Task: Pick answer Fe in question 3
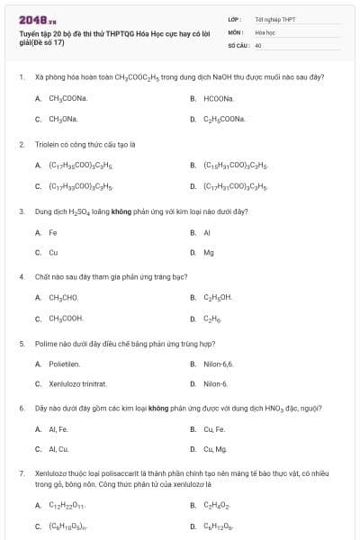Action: click(53, 232)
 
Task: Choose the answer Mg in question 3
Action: click(209, 253)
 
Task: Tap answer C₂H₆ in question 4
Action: click(212, 318)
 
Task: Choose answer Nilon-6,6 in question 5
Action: click(218, 364)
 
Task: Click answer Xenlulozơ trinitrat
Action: click(77, 384)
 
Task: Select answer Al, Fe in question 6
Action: click(58, 428)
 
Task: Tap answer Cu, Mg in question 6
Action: click(215, 449)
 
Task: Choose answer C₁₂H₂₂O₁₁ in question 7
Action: click(67, 506)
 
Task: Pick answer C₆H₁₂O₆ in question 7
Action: click(219, 526)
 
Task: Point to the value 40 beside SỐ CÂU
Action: click(258, 44)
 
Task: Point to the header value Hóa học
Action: click(265, 31)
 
